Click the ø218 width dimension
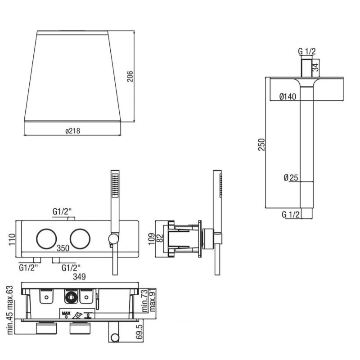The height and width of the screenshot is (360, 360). [x=73, y=131]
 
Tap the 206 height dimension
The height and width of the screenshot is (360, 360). [x=130, y=76]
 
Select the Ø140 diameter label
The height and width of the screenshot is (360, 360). [x=288, y=96]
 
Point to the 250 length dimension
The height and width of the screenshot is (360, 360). [x=261, y=144]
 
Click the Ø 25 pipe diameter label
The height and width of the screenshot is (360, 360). [x=291, y=177]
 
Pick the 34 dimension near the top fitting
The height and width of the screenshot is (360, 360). [x=316, y=67]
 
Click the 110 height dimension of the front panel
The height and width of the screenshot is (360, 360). [x=12, y=239]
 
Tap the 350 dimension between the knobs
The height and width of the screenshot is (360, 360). [x=63, y=248]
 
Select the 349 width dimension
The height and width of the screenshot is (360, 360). [x=79, y=277]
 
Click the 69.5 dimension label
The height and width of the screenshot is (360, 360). [x=139, y=332]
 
